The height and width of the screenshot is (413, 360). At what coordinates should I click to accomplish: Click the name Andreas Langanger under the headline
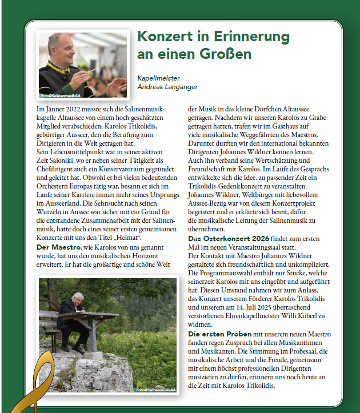click(168, 86)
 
